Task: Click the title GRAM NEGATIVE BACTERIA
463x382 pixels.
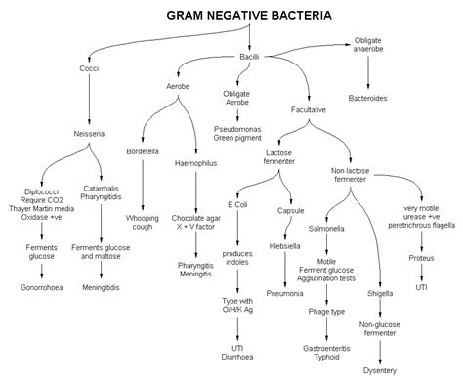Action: [248, 16]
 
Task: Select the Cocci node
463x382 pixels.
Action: [89, 67]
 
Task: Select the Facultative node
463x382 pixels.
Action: [309, 110]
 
